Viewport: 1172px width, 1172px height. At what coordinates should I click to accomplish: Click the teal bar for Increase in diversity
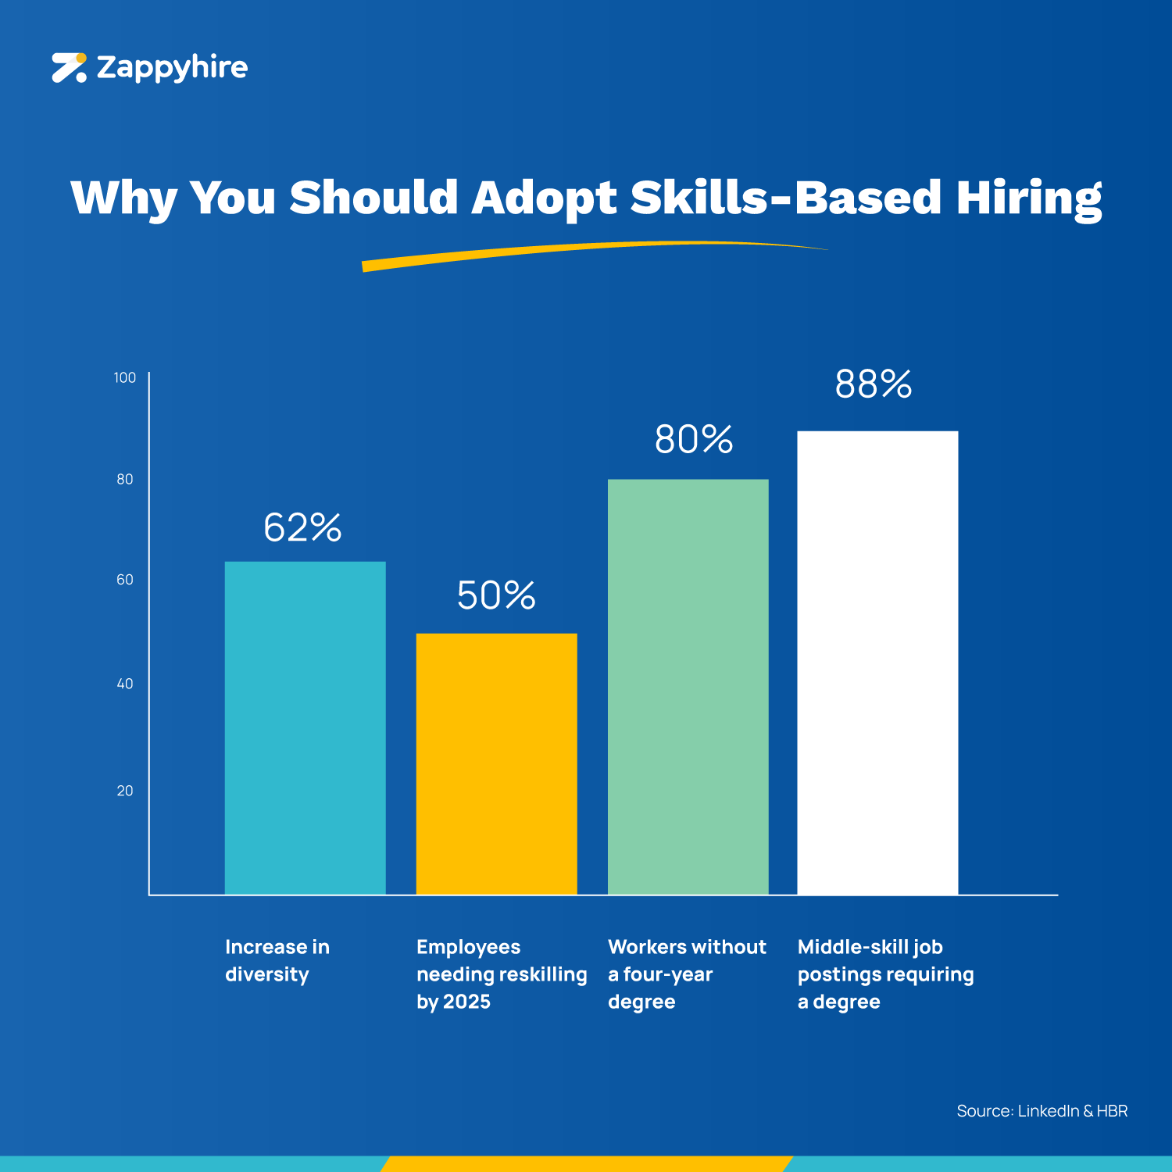click(x=305, y=727)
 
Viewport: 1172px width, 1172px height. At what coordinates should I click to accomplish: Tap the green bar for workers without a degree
click(x=688, y=687)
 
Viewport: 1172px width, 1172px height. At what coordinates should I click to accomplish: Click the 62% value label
click(x=302, y=527)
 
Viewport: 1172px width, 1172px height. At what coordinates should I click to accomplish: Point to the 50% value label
click(x=496, y=595)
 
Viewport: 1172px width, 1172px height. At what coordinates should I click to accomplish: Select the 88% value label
click(x=874, y=384)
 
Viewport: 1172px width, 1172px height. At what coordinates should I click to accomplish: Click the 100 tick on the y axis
click(x=125, y=378)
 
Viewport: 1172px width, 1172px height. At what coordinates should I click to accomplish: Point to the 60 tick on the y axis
click(x=125, y=580)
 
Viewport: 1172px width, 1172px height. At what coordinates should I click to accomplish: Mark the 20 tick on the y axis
click(x=125, y=791)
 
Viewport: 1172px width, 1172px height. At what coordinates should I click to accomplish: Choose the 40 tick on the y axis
click(x=125, y=684)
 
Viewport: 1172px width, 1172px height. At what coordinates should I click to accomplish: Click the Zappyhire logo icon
click(x=69, y=68)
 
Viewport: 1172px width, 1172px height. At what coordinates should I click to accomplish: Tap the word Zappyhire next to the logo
click(x=172, y=68)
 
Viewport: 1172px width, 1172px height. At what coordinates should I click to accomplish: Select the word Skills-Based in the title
click(x=785, y=197)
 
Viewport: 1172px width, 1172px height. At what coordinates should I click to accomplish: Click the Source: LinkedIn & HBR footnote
click(x=1042, y=1111)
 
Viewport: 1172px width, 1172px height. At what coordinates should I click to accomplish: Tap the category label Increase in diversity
click(x=277, y=960)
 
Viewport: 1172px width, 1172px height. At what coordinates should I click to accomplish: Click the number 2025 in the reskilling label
click(x=467, y=1002)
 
